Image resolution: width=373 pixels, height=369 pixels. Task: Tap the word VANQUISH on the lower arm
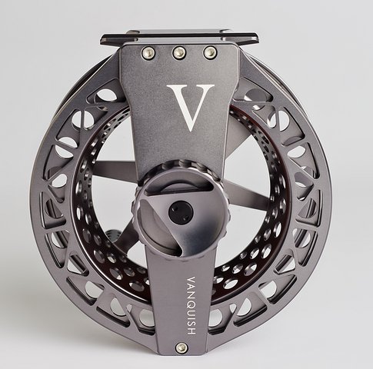[x=191, y=305]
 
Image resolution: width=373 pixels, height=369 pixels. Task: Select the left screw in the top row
[x=148, y=53]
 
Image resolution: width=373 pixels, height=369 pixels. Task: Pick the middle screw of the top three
[x=179, y=52]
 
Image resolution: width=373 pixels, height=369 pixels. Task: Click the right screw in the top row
[x=210, y=52]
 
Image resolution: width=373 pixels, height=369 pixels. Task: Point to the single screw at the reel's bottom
[x=182, y=348]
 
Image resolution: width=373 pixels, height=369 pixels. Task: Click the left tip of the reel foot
[x=101, y=41]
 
